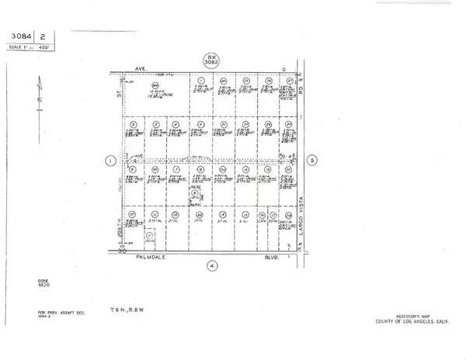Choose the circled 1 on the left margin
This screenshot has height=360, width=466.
click(x=110, y=161)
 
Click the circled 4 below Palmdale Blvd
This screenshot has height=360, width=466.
click(x=212, y=265)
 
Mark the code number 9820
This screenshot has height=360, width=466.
click(x=44, y=286)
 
